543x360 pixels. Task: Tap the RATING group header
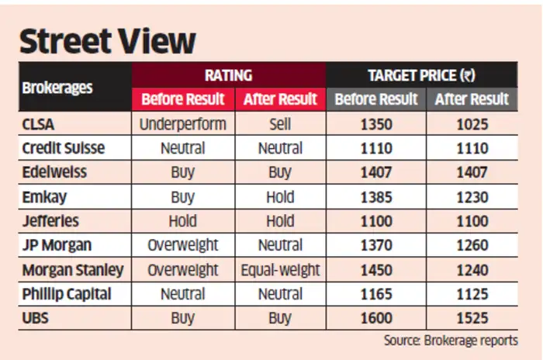228,75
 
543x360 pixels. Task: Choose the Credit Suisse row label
64,148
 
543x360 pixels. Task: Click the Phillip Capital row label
67,294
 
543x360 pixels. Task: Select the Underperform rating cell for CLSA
182,123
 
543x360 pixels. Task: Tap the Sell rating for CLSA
280,123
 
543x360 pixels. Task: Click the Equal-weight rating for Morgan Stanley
280,270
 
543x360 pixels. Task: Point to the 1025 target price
472,123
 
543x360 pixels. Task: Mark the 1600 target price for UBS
376,319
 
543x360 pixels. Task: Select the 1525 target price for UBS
472,319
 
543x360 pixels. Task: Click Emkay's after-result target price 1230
472,197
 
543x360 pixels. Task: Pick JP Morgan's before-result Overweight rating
182,246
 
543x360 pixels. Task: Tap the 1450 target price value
376,270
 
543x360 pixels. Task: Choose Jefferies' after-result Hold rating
280,221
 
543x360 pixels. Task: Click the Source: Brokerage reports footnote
451,341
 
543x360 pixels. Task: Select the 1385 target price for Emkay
376,197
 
